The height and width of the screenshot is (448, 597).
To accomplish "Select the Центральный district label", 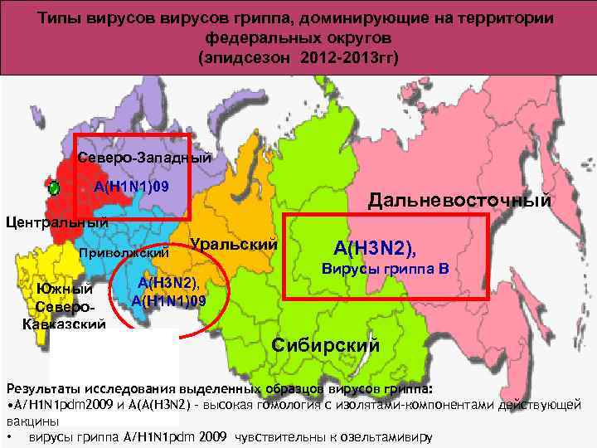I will [57, 222].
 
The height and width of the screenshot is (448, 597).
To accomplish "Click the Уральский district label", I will [233, 245].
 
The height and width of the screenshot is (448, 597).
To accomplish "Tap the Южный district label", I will [64, 290].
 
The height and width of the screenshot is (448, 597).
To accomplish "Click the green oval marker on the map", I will [54, 187].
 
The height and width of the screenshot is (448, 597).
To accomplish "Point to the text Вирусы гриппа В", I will [386, 269].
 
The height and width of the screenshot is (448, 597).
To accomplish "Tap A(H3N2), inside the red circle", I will [169, 284].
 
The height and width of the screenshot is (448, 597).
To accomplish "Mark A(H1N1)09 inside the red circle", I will [169, 299].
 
